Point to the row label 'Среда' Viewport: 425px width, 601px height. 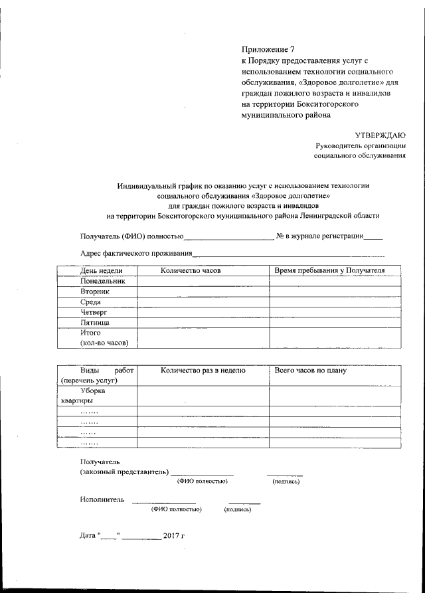[x=90, y=301]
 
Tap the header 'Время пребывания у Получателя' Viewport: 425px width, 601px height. [x=329, y=270]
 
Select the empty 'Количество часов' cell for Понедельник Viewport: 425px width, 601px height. [x=203, y=281]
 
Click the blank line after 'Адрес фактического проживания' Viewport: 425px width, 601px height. [x=288, y=254]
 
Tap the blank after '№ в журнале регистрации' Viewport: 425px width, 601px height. [x=373, y=236]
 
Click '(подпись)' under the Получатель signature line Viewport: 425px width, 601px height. [x=286, y=481]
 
